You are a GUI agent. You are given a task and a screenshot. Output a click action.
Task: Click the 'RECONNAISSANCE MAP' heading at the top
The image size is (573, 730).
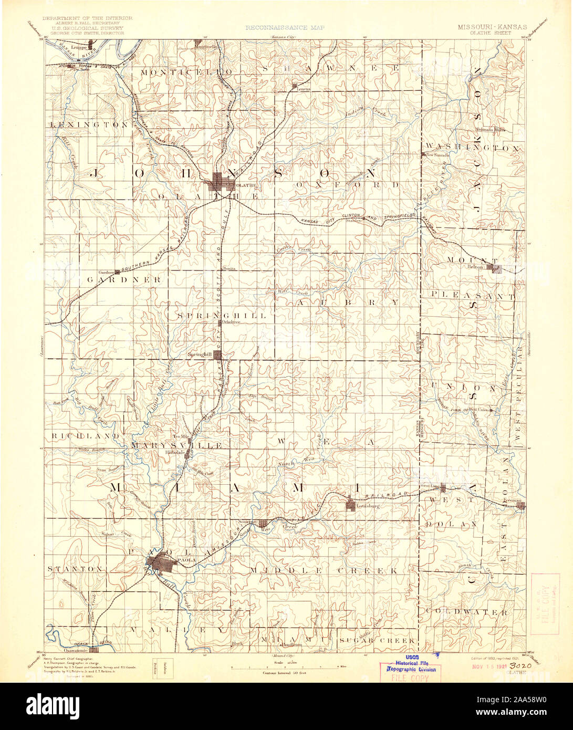(x=284, y=27)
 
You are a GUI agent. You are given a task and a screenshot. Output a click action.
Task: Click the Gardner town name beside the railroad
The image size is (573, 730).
(x=106, y=273)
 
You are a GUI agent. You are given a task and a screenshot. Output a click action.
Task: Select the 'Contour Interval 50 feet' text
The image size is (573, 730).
(x=283, y=672)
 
